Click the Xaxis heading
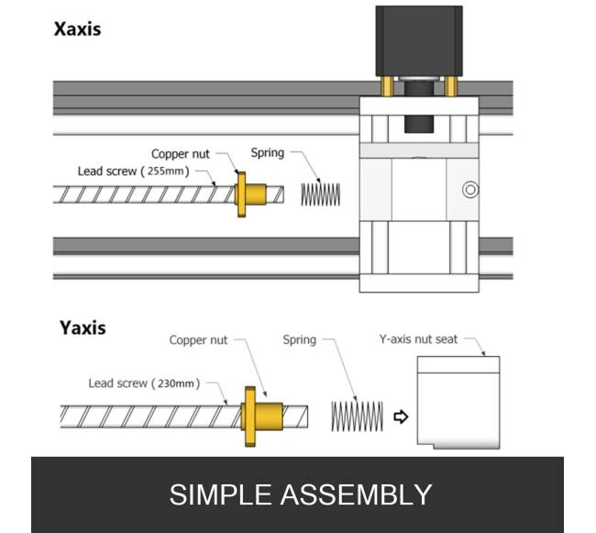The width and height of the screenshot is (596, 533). (x=77, y=28)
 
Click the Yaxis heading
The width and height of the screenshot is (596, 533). (x=82, y=328)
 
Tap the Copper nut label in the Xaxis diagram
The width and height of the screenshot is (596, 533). (x=182, y=153)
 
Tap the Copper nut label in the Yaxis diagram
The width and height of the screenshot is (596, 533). (x=198, y=340)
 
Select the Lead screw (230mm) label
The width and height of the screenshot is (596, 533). (x=143, y=383)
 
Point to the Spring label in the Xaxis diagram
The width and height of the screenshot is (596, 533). (x=267, y=153)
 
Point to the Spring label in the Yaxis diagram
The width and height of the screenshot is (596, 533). (x=299, y=340)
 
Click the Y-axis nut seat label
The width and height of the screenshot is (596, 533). (x=418, y=340)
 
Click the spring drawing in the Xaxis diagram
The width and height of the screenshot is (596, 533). (x=321, y=194)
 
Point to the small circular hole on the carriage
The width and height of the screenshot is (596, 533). (x=470, y=190)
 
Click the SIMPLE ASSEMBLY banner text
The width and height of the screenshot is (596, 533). (x=300, y=494)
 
